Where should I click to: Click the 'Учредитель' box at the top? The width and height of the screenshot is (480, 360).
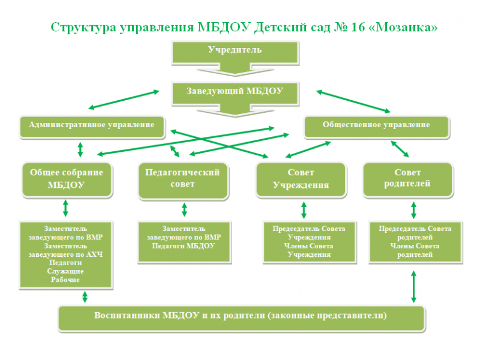coord(235,53)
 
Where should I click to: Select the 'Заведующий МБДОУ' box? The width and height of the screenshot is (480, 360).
coord(235,94)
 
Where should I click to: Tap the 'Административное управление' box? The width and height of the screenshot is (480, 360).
coord(92,127)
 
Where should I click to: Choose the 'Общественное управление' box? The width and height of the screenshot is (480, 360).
coord(377,127)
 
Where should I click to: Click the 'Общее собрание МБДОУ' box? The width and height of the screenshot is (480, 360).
coord(67,179)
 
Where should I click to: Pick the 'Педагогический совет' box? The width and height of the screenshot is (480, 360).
coord(183,181)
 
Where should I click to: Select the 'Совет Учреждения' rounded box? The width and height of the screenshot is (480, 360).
coord(301,179)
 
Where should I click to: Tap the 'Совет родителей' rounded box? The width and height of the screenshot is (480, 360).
coord(408,179)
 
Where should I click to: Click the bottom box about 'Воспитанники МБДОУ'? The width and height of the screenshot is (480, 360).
coord(242,318)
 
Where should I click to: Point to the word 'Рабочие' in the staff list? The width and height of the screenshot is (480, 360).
coord(65,280)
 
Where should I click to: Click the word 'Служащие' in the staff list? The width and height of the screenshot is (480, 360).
coord(65,271)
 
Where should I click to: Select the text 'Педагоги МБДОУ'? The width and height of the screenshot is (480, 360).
coord(184,246)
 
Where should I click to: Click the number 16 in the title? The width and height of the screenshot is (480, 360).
coord(358,27)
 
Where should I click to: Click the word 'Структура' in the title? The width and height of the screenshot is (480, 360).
coord(83,28)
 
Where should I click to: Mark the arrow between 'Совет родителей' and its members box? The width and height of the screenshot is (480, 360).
coord(413,210)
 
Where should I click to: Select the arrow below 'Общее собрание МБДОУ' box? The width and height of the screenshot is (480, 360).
coord(65,208)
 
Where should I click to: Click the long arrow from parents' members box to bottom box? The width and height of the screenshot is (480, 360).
coord(413,287)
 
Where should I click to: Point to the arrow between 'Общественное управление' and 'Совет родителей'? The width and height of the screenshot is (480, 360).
coord(400,149)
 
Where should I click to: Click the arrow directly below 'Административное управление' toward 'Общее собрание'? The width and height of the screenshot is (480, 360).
coord(80,149)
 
